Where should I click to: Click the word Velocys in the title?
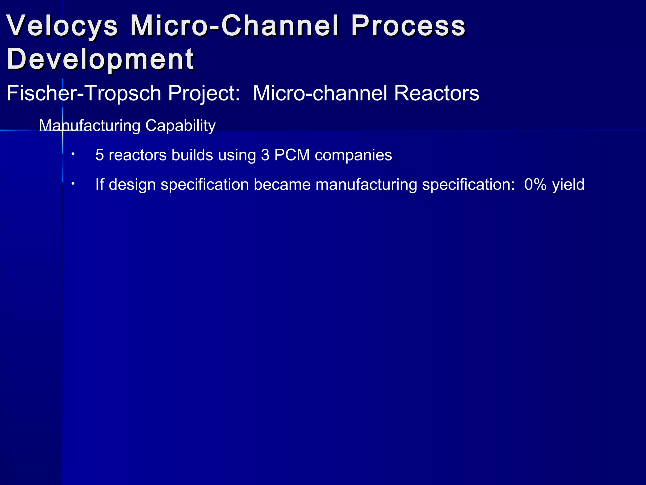[62, 26]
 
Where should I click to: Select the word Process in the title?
[408, 26]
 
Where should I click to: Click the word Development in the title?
[100, 59]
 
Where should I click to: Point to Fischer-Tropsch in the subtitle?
[84, 93]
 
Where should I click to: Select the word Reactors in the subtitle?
[437, 93]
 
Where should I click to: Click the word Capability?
[180, 126]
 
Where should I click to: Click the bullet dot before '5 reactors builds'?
[73, 154]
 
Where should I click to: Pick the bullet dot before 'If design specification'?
[73, 183]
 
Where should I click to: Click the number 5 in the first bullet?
[100, 155]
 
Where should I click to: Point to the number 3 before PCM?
[265, 155]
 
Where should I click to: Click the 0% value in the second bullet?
[535, 184]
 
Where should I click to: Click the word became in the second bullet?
[282, 184]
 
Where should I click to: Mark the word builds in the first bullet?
[192, 155]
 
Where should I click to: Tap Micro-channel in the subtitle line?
[320, 93]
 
